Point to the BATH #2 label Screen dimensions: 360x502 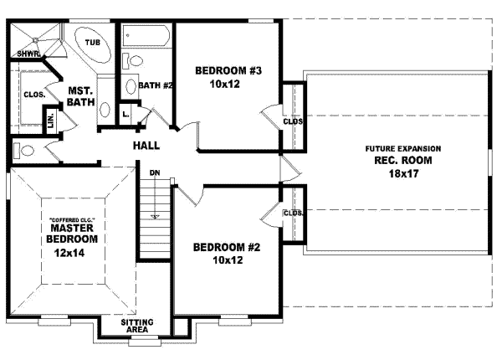[156, 85]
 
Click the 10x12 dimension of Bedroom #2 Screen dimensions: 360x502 [227, 260]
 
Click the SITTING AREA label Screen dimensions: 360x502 [136, 326]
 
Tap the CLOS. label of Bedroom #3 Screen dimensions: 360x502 [293, 121]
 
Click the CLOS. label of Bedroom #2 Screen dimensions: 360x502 [293, 213]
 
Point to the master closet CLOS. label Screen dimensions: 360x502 [33, 95]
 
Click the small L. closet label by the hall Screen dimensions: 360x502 [125, 113]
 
